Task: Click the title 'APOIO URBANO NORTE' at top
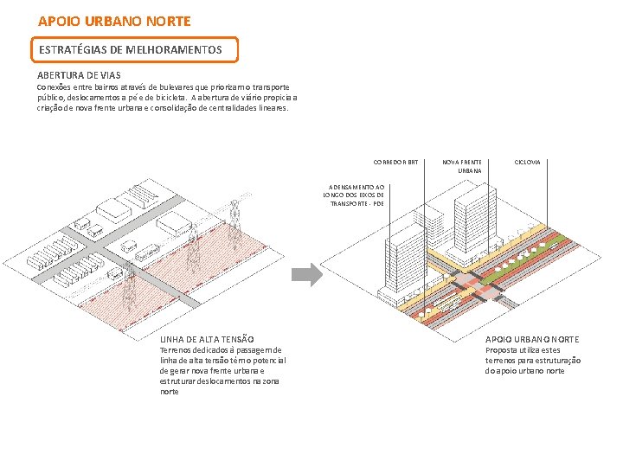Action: coord(114,20)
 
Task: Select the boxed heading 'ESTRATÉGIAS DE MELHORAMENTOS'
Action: coord(130,50)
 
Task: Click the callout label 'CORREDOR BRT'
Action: coord(395,162)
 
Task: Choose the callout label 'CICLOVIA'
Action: coord(527,162)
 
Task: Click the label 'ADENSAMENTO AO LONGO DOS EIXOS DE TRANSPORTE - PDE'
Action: coord(354,195)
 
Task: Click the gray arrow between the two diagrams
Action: coord(305,275)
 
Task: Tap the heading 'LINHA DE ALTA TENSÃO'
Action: coord(207,339)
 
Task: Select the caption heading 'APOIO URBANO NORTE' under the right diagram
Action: coord(532,339)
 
